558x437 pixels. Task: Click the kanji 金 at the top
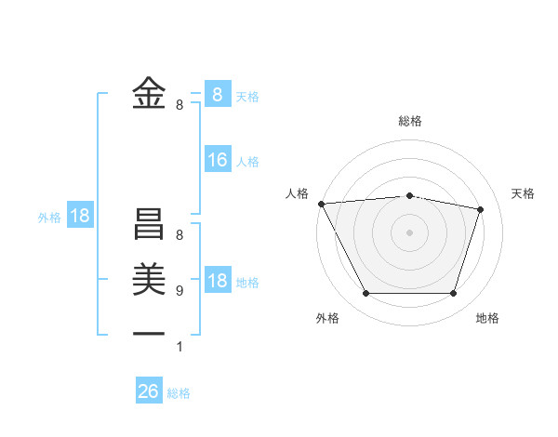[149, 93]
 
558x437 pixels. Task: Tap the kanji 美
[149, 280]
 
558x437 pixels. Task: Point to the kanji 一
[149, 333]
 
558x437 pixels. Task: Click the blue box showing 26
[149, 391]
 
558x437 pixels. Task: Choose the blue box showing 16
[218, 160]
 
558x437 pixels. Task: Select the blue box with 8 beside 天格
[218, 94]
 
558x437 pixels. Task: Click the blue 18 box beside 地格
[218, 281]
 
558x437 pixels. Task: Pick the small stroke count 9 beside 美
[179, 291]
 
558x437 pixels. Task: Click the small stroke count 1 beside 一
[179, 348]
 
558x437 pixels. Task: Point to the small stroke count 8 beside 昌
[179, 236]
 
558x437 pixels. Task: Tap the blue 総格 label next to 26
[179, 393]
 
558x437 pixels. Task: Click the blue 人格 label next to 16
[247, 162]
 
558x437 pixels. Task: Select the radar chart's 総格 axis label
[410, 121]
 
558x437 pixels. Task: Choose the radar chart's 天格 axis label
[524, 193]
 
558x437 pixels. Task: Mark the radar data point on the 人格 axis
[321, 204]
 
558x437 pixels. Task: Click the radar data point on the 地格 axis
[453, 294]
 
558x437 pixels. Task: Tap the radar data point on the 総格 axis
[410, 195]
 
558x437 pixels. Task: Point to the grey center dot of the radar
[410, 232]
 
